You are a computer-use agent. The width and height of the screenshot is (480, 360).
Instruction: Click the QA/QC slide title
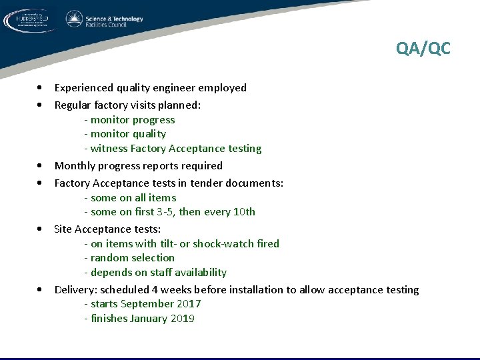(423, 49)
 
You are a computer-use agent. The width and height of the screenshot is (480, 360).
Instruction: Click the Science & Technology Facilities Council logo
(105, 20)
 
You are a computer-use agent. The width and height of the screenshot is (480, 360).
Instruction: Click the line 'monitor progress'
(132, 120)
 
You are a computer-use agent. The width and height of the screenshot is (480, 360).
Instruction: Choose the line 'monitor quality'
(127, 134)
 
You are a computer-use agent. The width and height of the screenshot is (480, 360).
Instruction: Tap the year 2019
(182, 319)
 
